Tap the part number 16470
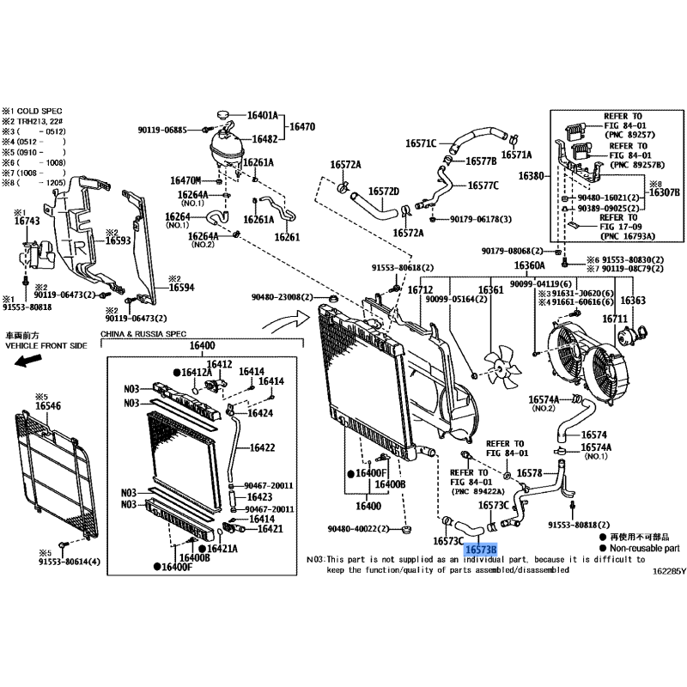tap(302, 126)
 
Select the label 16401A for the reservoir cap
tap(263, 114)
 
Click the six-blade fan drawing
tap(500, 364)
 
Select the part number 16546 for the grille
tap(48, 406)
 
